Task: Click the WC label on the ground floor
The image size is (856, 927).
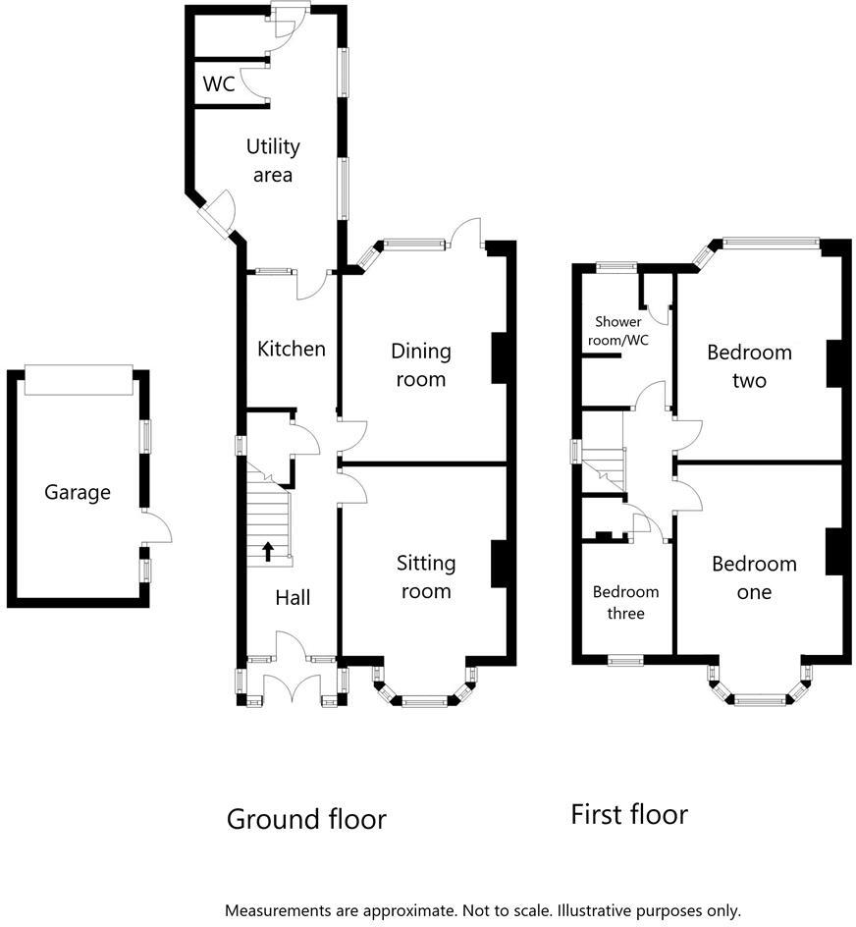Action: pos(219,84)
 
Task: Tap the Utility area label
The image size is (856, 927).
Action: pos(273,161)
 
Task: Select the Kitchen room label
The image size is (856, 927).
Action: pos(291,349)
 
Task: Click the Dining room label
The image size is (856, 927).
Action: pos(420,365)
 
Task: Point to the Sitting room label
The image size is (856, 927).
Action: pos(426,576)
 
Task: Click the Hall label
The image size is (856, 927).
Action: pos(293,597)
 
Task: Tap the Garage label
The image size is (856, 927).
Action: pos(78,493)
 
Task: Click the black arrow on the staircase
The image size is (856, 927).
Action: pos(268,551)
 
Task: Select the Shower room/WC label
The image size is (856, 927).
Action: pos(618,331)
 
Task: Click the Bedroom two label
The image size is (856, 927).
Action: pos(749,366)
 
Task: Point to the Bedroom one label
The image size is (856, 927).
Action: pos(754,577)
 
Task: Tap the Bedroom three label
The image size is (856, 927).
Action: pos(625,602)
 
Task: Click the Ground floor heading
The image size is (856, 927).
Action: pos(306,819)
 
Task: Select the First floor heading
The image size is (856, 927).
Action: pos(629,814)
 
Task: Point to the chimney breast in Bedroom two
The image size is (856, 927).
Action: pos(834,363)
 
